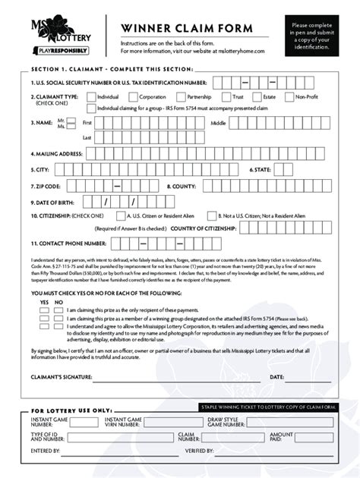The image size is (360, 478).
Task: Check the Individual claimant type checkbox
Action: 91,97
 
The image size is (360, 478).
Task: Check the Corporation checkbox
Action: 133,97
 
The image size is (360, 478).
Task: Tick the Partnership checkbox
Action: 181,97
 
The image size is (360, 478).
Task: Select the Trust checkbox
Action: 226,97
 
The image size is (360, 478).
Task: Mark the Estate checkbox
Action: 257,97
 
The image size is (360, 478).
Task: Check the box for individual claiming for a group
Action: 91,108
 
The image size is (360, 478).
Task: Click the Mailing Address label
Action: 56,153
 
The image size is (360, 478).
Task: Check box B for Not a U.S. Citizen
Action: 212,215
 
